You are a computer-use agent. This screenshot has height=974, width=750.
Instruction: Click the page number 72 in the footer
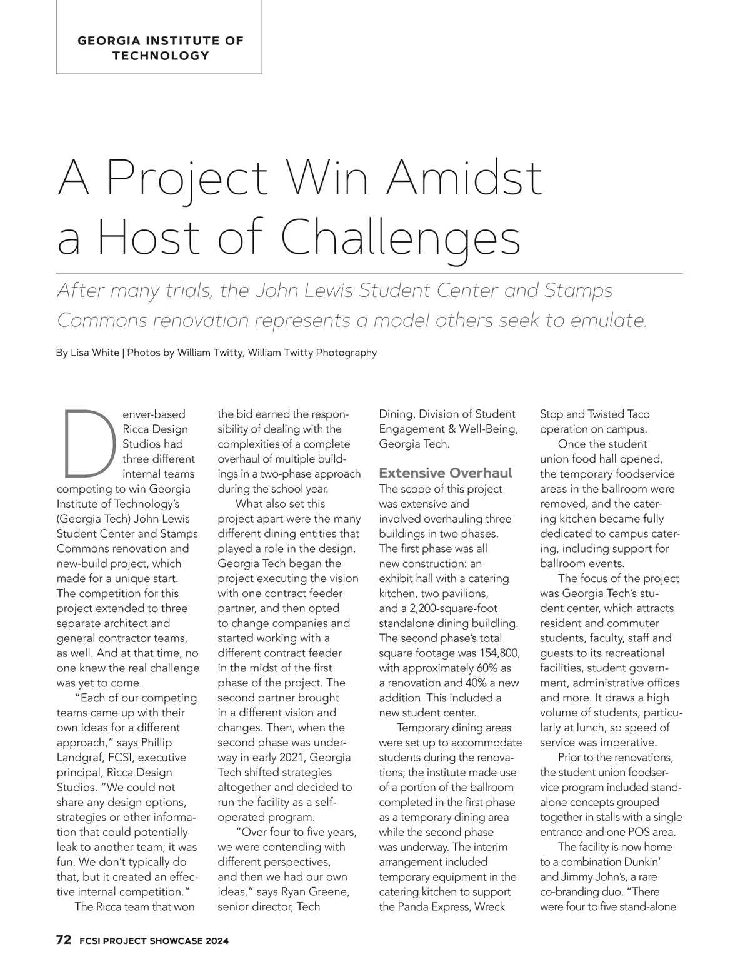[63, 940]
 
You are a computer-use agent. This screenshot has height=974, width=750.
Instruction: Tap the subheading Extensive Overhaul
[446, 473]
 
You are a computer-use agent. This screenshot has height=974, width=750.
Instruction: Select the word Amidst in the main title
[464, 179]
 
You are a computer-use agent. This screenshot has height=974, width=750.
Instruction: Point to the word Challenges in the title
[401, 239]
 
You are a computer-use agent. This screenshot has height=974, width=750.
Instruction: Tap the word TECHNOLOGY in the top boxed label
[161, 56]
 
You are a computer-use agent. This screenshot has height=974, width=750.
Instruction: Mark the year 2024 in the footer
[214, 941]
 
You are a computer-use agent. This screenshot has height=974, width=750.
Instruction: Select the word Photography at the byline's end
[347, 353]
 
